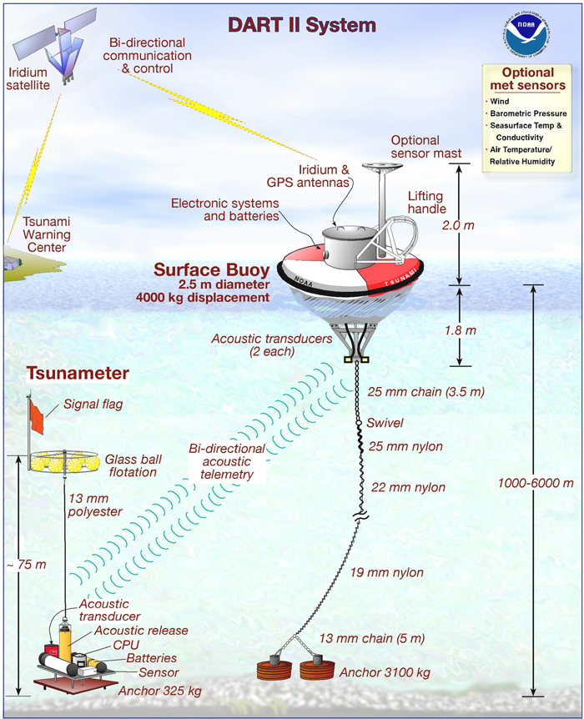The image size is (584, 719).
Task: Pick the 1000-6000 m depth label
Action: tap(533, 483)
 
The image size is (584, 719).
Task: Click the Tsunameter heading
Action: tap(78, 375)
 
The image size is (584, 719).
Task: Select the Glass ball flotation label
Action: tap(131, 465)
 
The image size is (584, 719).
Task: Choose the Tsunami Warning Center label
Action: tap(39, 235)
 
